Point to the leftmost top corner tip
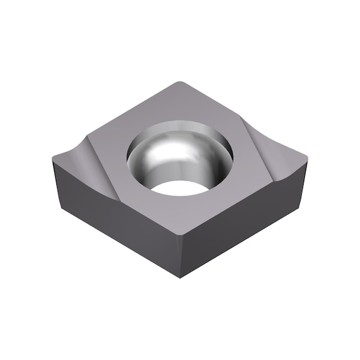(53, 157)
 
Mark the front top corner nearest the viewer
(181, 235)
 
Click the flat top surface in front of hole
(180, 213)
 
